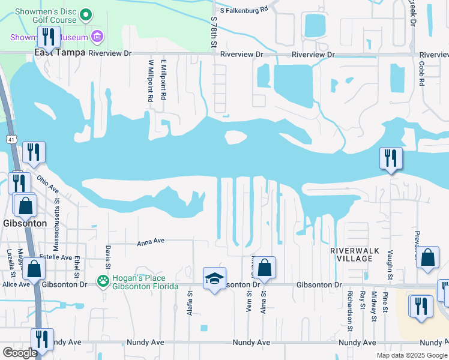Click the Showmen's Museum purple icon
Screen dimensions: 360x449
pos(97,38)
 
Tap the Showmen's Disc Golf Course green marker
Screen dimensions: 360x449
pos(86,14)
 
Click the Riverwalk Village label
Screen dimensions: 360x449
pos(351,254)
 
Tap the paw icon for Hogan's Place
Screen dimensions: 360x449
pos(103,281)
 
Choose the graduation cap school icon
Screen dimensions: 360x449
pos(214,279)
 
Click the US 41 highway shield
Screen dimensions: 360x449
pos(11,139)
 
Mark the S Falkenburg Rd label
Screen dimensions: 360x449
pos(244,10)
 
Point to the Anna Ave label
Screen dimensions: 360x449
pos(151,242)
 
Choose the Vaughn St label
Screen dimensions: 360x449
pos(390,265)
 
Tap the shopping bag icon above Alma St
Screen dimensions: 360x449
pos(265,268)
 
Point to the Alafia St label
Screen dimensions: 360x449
pos(189,300)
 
